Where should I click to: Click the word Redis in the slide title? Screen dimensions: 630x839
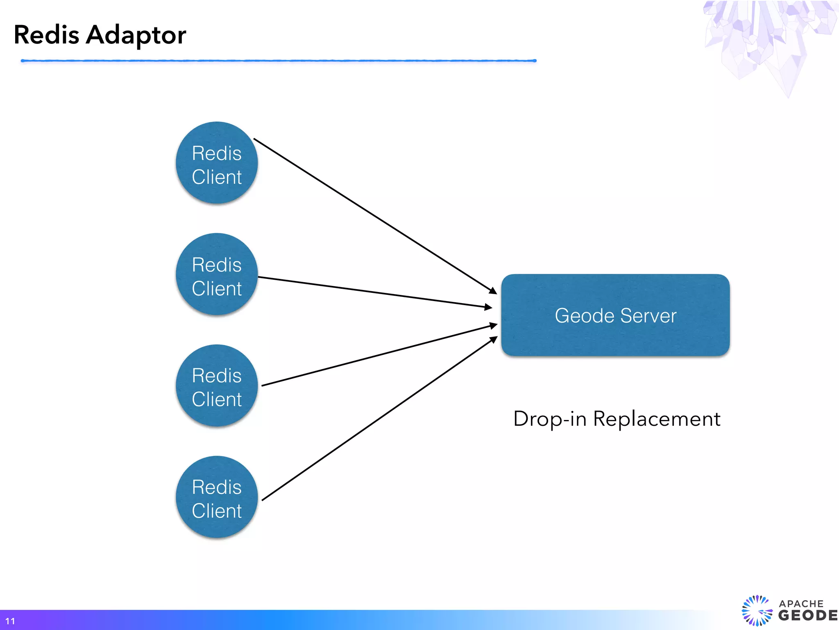pos(46,34)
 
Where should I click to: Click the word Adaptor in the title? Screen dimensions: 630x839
pos(136,35)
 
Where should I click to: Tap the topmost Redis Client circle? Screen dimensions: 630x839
pos(217,163)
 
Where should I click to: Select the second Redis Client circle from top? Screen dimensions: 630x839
pos(217,274)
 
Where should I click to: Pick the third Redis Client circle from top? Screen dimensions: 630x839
pos(217,386)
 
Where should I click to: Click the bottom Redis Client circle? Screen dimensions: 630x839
pos(217,497)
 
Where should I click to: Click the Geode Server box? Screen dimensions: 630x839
pos(615,315)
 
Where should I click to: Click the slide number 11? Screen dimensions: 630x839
pos(10,621)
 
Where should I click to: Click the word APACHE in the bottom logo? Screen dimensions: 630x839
pos(801,603)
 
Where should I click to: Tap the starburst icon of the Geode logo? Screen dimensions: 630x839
pos(757,611)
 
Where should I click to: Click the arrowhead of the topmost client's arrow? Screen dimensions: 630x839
pos(493,291)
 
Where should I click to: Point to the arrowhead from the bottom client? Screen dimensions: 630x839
pos(494,339)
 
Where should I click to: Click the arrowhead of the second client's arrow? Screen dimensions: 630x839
pos(488,307)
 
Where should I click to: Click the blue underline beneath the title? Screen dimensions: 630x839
pos(279,61)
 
